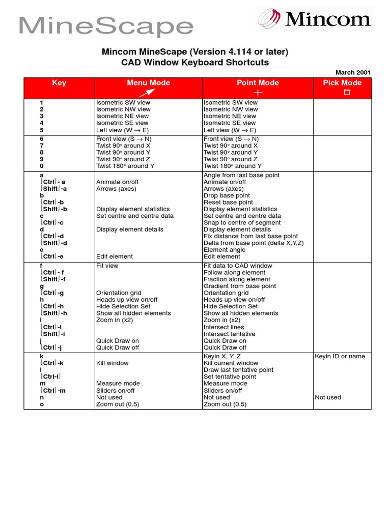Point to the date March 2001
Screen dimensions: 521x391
(x=353, y=73)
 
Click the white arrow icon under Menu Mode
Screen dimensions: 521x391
(x=148, y=92)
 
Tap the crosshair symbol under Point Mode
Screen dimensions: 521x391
(x=258, y=93)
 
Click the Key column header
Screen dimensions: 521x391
(x=59, y=83)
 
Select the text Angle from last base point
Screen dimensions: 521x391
(x=241, y=175)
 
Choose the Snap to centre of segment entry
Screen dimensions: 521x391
(x=242, y=222)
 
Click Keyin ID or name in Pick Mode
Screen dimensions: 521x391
(x=340, y=356)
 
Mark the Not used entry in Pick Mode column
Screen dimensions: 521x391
(x=328, y=397)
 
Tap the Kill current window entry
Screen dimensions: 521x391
(x=231, y=363)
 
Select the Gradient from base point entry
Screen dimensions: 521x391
(x=239, y=286)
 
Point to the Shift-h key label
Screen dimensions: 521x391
(x=53, y=313)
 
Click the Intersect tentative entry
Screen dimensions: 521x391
(x=229, y=334)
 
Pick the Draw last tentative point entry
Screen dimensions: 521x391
(x=238, y=370)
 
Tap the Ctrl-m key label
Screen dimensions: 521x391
(x=53, y=391)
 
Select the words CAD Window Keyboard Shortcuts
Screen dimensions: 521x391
(x=195, y=63)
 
